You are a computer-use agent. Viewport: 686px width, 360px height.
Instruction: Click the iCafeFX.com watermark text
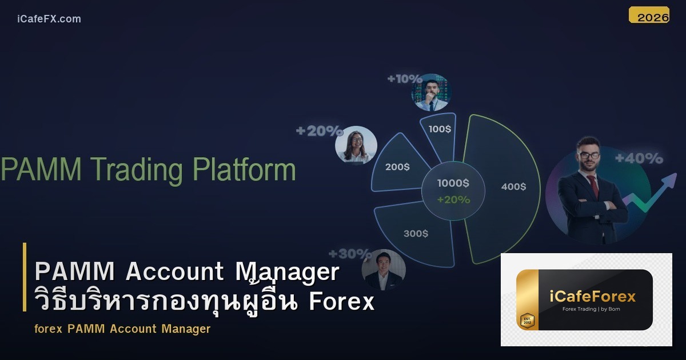[49, 19]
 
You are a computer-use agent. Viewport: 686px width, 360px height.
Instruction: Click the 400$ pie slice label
[513, 187]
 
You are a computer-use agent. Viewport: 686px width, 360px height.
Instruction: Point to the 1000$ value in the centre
[453, 183]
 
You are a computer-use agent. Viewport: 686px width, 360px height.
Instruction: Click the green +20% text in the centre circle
[453, 200]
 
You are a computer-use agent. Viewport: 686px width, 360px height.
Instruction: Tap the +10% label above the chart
[404, 79]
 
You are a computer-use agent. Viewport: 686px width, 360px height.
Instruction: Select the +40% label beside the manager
[639, 158]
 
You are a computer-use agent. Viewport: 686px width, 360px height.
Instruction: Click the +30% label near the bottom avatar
[349, 254]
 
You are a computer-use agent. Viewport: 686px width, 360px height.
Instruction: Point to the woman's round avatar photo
[356, 145]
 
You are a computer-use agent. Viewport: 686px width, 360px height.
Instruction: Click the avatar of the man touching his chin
[431, 92]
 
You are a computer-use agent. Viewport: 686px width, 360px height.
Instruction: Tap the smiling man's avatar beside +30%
[384, 270]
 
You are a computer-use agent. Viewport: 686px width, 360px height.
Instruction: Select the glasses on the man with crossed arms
[589, 155]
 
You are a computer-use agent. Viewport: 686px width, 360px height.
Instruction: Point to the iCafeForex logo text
[592, 296]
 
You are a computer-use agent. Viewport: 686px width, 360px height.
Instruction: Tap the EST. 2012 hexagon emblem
[527, 321]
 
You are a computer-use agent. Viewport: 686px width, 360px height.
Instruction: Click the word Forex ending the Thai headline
[342, 302]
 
